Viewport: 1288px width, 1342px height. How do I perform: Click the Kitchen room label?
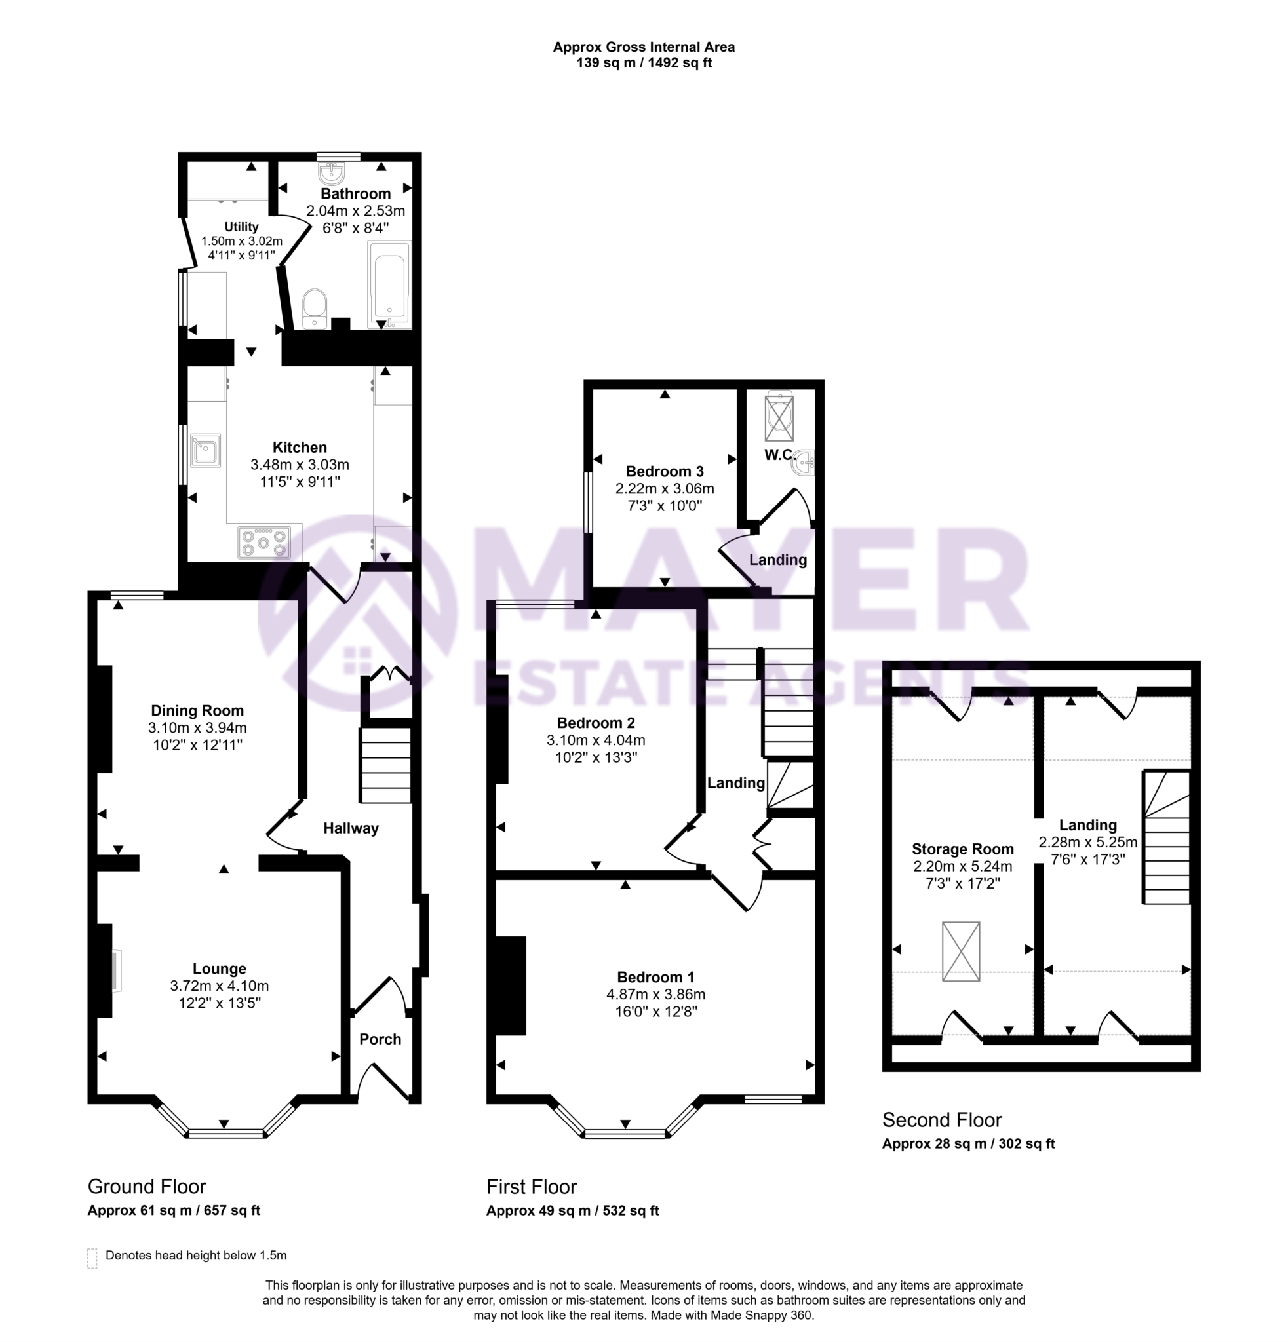pos(300,448)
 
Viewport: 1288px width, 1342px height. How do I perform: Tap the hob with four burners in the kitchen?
pos(263,543)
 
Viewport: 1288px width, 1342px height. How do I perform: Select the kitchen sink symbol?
pos(205,450)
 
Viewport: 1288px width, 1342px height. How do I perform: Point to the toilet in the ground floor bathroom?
pos(314,307)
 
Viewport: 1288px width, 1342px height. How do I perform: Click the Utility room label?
pos(241,227)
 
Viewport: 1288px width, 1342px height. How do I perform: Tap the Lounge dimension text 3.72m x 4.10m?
pos(219,986)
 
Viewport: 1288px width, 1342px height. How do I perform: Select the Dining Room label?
pos(197,710)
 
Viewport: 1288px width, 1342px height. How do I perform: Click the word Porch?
pos(380,1039)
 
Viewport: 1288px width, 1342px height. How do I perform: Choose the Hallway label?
pos(351,828)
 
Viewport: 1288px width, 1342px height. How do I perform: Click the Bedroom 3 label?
pos(664,471)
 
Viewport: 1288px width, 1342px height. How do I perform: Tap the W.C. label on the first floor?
pos(779,455)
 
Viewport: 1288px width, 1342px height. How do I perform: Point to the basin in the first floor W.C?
pos(803,463)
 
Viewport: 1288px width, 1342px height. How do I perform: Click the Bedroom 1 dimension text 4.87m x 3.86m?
pos(655,994)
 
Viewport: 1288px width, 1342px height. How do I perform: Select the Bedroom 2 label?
pos(596,722)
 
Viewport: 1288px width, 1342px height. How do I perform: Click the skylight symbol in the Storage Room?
pos(961,951)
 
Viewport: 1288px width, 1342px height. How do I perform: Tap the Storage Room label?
pos(962,849)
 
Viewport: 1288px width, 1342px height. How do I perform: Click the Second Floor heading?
pos(941,1119)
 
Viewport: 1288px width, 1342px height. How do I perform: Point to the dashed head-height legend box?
pos(92,1259)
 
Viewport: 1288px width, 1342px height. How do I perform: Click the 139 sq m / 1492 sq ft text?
pos(644,63)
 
